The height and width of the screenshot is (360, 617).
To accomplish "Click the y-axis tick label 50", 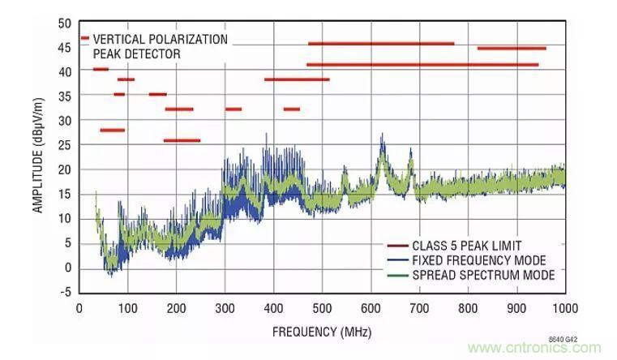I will tap(65, 23).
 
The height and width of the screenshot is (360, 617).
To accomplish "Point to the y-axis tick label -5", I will tap(65, 293).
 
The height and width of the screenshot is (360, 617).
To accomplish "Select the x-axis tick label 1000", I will tap(565, 308).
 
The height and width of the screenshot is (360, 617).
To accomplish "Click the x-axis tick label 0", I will tap(79, 308).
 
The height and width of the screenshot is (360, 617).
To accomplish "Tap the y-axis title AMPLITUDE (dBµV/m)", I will tap(38, 156).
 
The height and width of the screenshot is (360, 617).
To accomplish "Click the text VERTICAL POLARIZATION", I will tap(161, 39).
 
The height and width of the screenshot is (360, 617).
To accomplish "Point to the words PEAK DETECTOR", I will tap(137, 54).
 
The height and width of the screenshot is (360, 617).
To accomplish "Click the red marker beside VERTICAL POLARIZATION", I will tap(85, 38).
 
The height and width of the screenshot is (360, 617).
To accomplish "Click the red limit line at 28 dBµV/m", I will tap(112, 130).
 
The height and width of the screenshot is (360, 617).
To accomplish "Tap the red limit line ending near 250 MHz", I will tap(182, 140).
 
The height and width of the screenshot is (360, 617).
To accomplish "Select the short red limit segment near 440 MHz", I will tap(292, 109).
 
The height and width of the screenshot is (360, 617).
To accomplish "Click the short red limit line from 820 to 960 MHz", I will tap(512, 49).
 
